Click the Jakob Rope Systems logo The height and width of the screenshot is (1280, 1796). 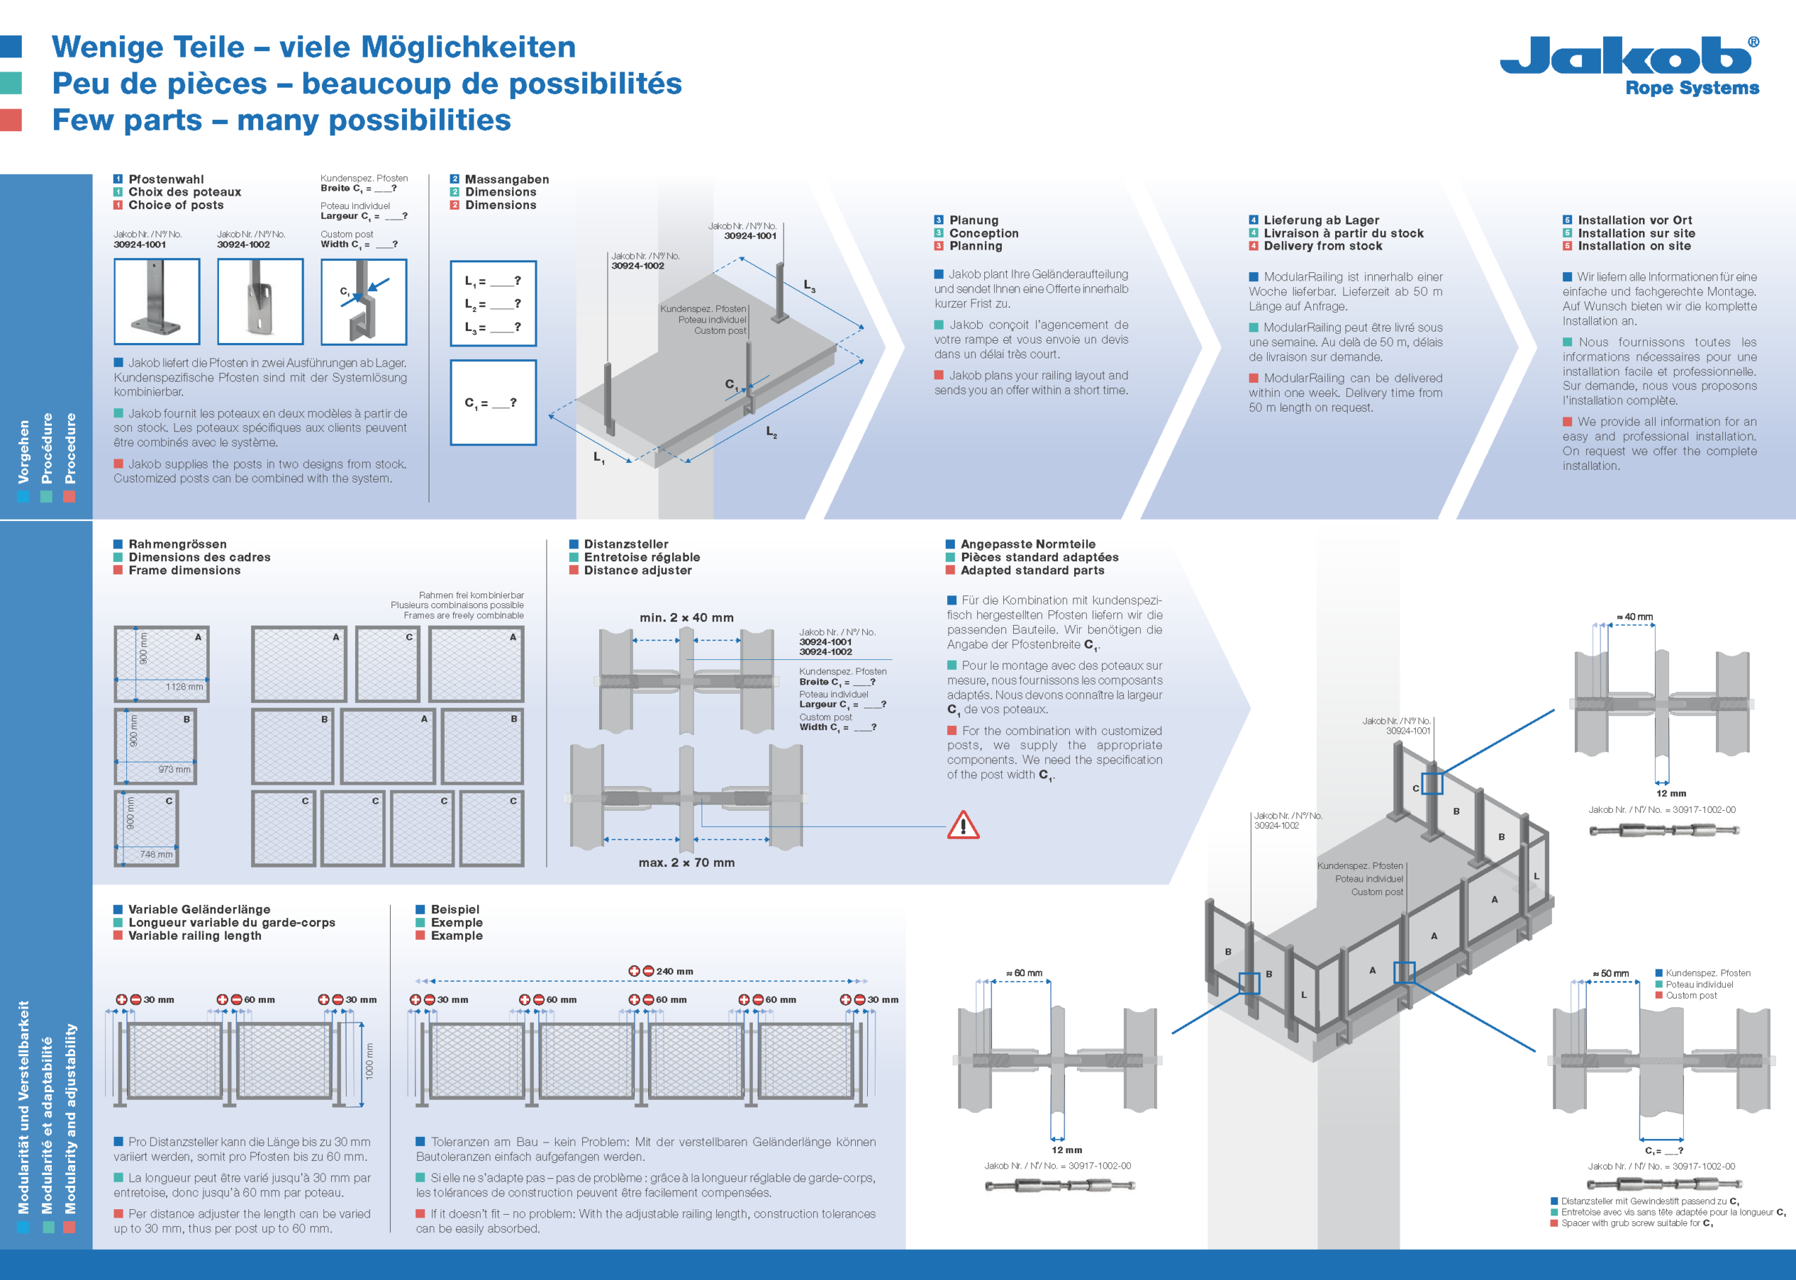pyautogui.click(x=1629, y=65)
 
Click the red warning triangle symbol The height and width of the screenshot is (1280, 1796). pyautogui.click(x=963, y=826)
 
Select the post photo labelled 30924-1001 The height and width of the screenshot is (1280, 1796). pyautogui.click(x=157, y=301)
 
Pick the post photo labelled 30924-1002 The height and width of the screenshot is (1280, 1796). pyautogui.click(x=260, y=301)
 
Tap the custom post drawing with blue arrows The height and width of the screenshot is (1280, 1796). pyautogui.click(x=363, y=302)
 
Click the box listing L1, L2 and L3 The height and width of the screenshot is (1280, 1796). pyautogui.click(x=492, y=304)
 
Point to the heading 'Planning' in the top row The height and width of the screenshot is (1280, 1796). pyautogui.click(x=975, y=246)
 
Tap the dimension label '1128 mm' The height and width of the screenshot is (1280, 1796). pyautogui.click(x=184, y=687)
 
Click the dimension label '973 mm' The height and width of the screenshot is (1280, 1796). pyautogui.click(x=174, y=769)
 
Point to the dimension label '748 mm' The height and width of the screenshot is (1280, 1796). pyautogui.click(x=156, y=854)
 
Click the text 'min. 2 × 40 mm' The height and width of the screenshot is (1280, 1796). pyautogui.click(x=686, y=618)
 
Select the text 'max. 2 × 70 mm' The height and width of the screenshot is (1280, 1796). pyautogui.click(x=686, y=863)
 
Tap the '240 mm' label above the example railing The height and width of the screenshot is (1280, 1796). pyautogui.click(x=674, y=971)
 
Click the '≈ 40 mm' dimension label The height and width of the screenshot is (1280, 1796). pyautogui.click(x=1635, y=617)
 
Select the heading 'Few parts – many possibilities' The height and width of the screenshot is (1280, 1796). pyautogui.click(x=281, y=121)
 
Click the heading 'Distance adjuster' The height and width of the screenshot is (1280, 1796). pyautogui.click(x=637, y=571)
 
